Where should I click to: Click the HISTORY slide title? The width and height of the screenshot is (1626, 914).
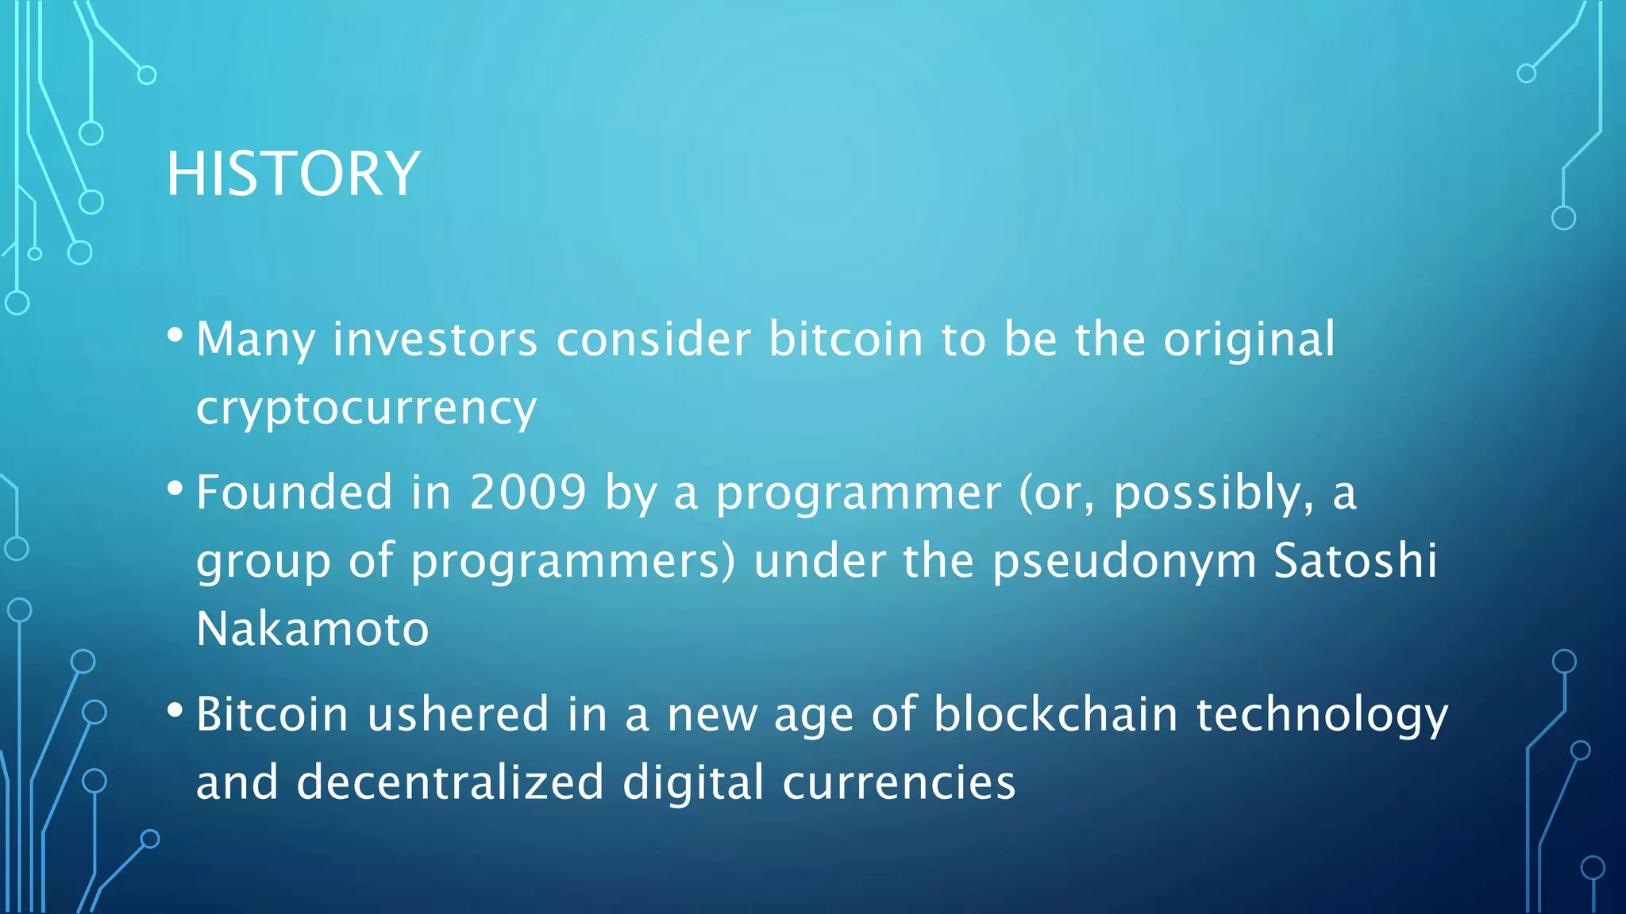coord(293,174)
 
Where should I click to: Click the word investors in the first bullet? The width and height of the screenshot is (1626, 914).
coord(435,340)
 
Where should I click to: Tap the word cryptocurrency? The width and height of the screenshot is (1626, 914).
coord(366,408)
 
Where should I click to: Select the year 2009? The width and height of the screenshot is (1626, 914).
coord(528,492)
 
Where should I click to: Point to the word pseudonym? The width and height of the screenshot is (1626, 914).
coord(1124,562)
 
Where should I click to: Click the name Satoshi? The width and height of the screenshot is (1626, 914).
coord(1355,560)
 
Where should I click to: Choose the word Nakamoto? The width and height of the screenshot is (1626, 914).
coord(312,628)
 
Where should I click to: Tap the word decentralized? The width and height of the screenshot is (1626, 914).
coord(450,782)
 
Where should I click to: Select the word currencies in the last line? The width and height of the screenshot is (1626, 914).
coord(899,782)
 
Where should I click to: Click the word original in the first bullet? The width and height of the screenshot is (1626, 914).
coord(1249,340)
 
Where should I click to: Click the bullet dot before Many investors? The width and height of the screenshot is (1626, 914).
coord(175,334)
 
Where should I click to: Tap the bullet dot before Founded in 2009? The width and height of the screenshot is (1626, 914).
coord(175,487)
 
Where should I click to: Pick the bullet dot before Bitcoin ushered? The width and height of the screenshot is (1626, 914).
coord(175,709)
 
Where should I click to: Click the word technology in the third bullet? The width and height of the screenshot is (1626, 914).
coord(1322,715)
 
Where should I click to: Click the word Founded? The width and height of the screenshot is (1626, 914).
coord(294,492)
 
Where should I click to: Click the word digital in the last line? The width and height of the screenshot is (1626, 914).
coord(693,782)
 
